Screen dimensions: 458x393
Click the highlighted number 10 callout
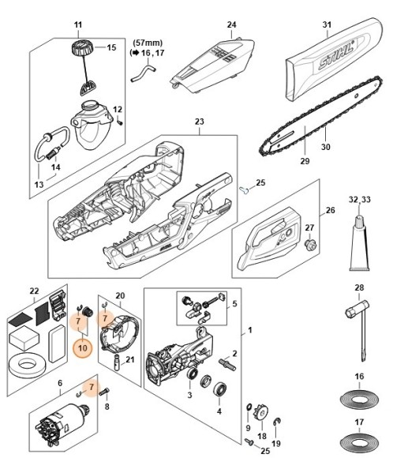click(82, 345)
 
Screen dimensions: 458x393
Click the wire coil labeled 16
click(359, 398)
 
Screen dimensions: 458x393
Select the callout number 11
click(77, 27)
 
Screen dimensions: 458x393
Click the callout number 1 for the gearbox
click(251, 329)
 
